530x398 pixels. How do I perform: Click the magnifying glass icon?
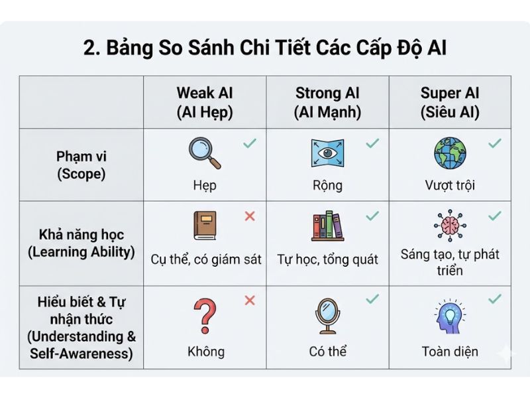click(x=204, y=153)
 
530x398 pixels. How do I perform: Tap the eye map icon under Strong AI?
click(x=327, y=153)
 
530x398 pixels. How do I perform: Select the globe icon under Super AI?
click(x=450, y=153)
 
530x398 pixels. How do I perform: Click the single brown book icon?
click(x=205, y=226)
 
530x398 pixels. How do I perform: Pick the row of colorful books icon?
click(x=327, y=226)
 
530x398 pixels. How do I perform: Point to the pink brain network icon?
click(x=450, y=226)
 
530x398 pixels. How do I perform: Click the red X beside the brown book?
click(x=250, y=216)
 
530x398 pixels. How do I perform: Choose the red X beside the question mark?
click(x=250, y=300)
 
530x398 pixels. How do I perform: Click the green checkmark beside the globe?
click(x=494, y=143)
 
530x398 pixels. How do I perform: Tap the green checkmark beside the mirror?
click(x=372, y=299)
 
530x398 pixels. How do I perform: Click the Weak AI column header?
click(x=205, y=102)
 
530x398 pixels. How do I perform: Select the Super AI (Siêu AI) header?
click(x=450, y=102)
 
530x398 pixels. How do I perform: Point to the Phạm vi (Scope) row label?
click(x=81, y=165)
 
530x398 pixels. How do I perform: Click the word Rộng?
click(x=327, y=185)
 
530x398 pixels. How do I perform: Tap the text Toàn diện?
click(x=450, y=351)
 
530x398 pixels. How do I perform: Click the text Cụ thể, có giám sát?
click(x=205, y=259)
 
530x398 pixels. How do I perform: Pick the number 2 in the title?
click(x=89, y=49)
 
